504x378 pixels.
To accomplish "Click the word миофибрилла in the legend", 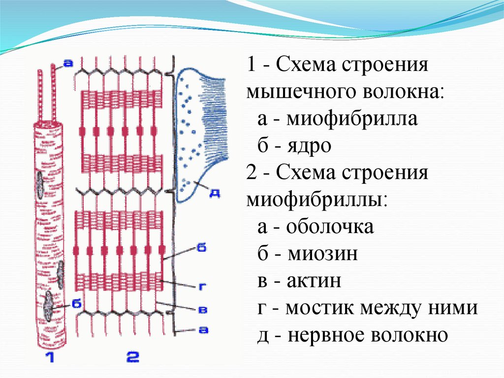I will (353, 119).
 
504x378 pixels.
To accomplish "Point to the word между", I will (393, 309).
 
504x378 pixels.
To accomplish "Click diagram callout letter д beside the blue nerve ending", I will (215, 194).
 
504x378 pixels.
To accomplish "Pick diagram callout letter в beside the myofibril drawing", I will (201, 309).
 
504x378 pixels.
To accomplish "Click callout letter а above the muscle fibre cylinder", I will (68, 64).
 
